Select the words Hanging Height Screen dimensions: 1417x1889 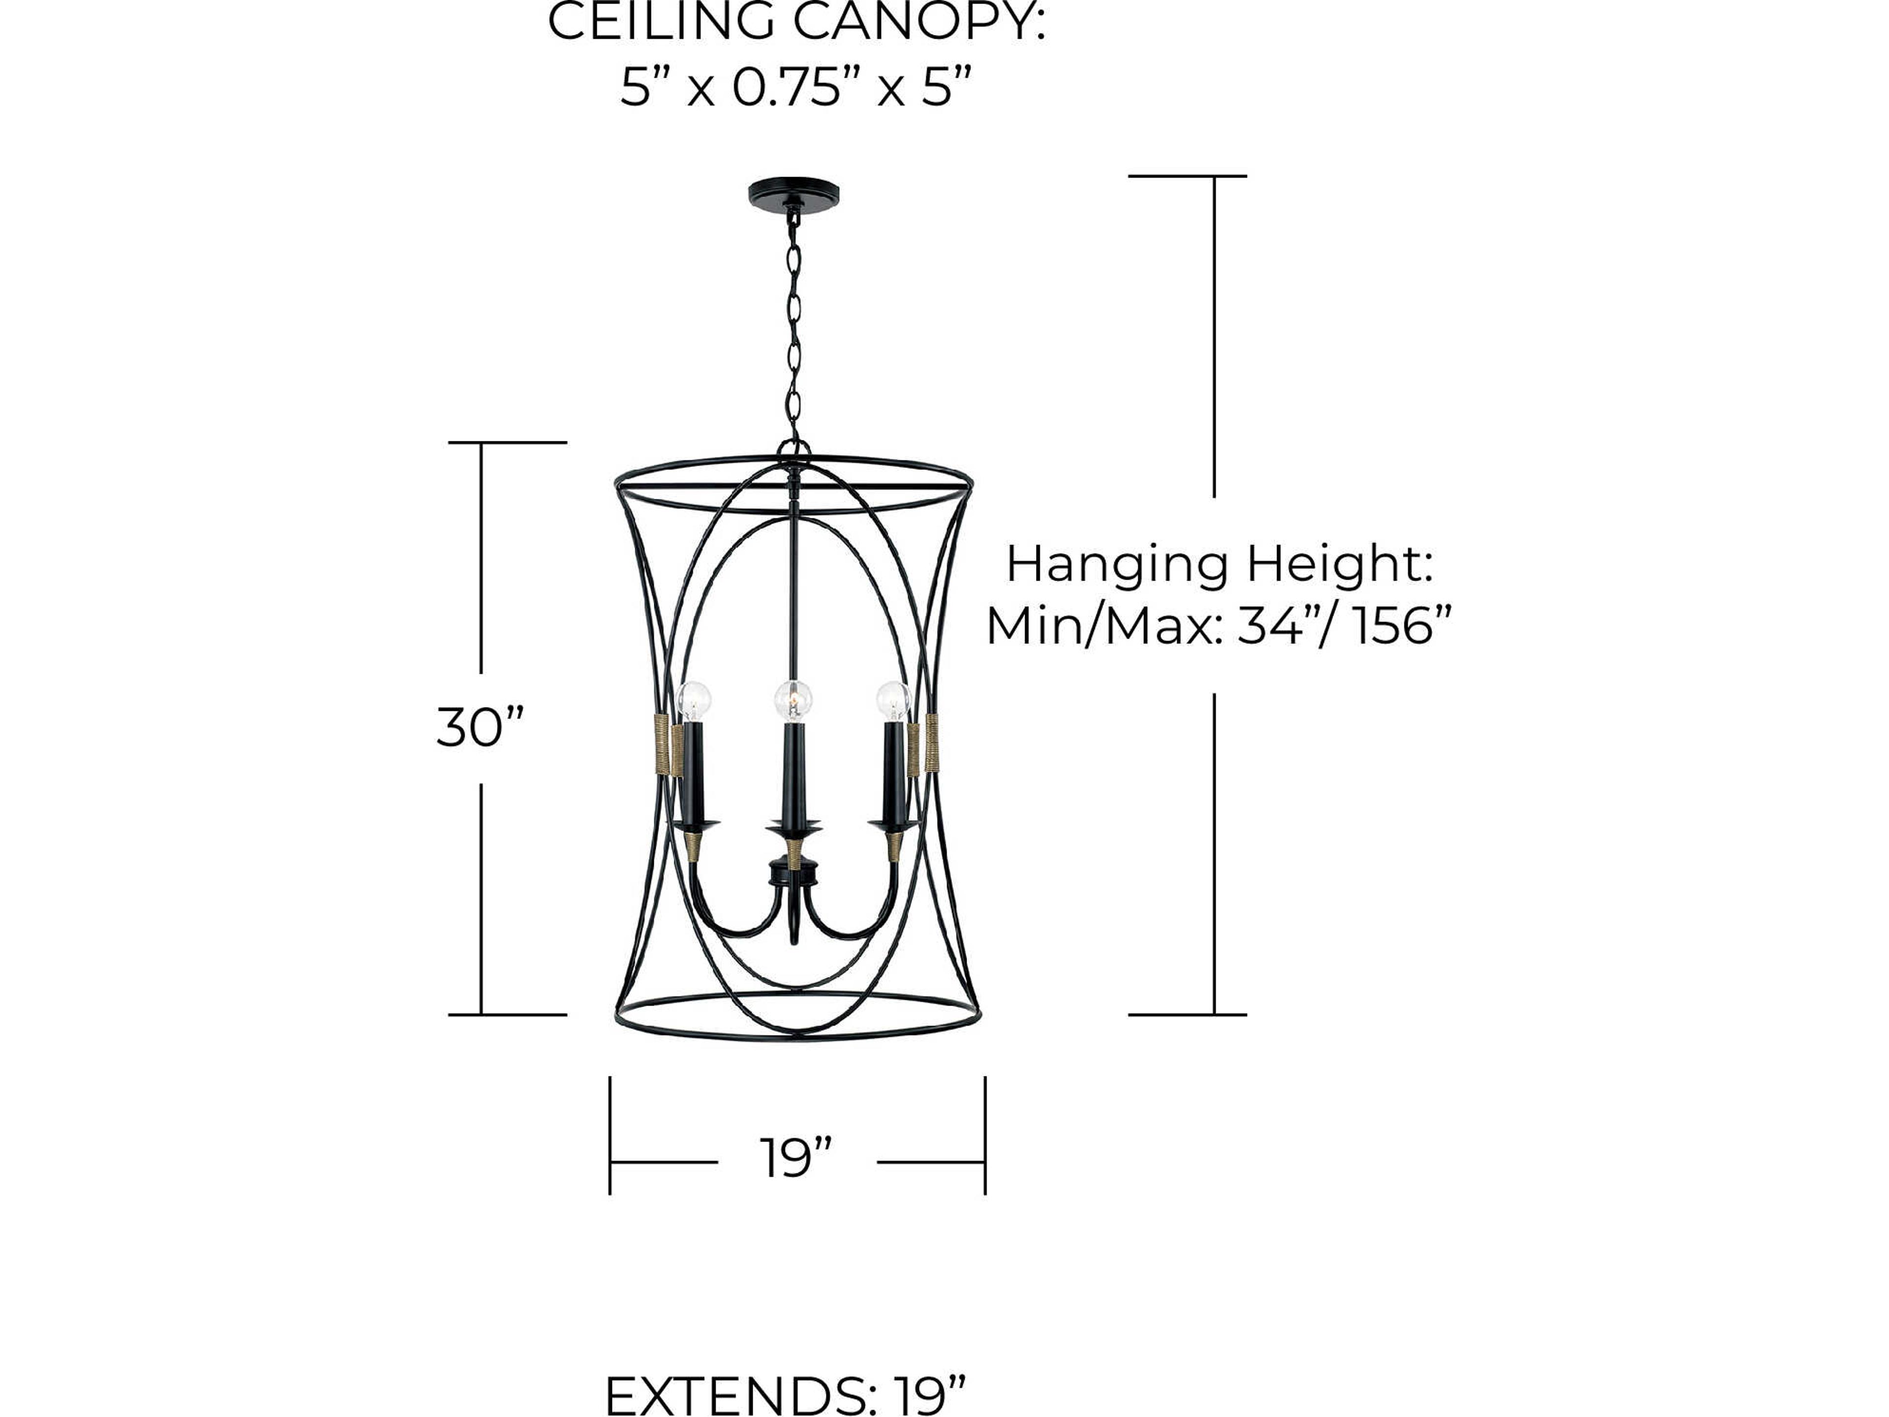(1219, 564)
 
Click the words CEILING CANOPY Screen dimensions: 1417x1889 (796, 21)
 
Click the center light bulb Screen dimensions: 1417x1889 (793, 701)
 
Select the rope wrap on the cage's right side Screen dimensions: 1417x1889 (931, 742)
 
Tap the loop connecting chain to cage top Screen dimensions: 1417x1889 (793, 448)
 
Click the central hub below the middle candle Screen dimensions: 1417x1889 (793, 873)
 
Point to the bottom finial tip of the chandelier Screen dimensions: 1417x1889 (795, 938)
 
